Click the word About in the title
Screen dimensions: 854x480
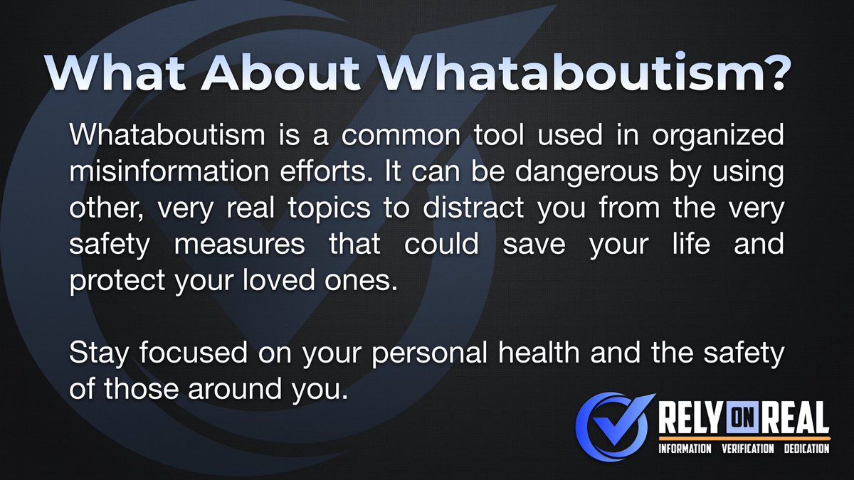[x=280, y=73]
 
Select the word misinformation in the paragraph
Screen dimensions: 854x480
[x=169, y=171]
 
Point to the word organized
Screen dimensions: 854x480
[x=718, y=136]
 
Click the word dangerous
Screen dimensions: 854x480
[x=586, y=172]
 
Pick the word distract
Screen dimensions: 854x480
[x=473, y=207]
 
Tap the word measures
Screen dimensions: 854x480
[x=239, y=245]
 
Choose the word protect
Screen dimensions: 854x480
[x=117, y=281]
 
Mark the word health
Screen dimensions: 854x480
[x=539, y=352]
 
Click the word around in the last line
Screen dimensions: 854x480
[x=235, y=388]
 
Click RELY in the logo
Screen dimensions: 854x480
[x=690, y=418]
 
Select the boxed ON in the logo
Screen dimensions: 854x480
[x=744, y=419]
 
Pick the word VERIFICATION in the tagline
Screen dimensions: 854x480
[x=748, y=449]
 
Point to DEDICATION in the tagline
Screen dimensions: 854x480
[x=807, y=449]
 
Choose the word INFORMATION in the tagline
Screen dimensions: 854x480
[x=685, y=449]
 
